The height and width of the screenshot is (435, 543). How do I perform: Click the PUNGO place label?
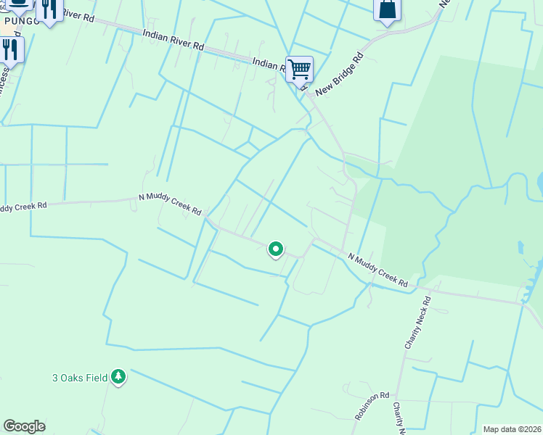(x=17, y=20)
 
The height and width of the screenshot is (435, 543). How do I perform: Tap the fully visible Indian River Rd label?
(x=173, y=39)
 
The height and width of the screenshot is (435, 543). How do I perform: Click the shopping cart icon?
(x=299, y=70)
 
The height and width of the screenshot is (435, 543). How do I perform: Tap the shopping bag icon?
(x=388, y=9)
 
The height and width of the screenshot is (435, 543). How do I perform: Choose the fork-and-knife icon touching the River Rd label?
(x=49, y=9)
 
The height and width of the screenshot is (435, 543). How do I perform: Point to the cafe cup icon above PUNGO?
(x=19, y=4)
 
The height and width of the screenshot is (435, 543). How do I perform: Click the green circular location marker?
(x=276, y=249)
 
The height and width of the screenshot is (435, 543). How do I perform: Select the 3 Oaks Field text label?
(x=80, y=377)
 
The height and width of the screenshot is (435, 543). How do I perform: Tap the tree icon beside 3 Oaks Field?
(x=118, y=377)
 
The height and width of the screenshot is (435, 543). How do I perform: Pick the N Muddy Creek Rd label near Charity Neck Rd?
(x=377, y=270)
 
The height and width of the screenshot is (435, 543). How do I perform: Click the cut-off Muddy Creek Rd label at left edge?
(x=23, y=207)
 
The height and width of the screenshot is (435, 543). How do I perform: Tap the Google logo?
(x=24, y=426)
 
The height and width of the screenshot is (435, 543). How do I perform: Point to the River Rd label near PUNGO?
(x=78, y=15)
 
